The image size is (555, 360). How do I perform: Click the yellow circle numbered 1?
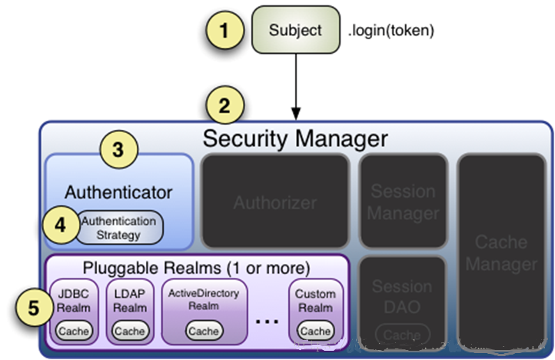coord(224,32)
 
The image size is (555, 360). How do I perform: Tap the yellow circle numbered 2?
coord(224,106)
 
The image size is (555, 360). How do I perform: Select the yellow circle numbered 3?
coord(117,150)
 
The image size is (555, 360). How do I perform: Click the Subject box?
coord(295,30)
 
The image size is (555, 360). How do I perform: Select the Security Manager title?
coord(295,139)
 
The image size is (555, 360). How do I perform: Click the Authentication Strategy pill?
coord(119,228)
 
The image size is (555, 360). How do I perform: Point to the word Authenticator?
coord(118,192)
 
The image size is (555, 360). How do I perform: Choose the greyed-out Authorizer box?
coord(274,202)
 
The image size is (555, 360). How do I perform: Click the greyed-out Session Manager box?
coord(403,202)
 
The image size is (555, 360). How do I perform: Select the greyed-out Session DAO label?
coord(402,296)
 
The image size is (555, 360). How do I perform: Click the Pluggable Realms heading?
coord(196,268)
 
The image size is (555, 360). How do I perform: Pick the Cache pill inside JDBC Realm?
coord(75,332)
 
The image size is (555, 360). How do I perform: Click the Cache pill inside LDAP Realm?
coord(128,332)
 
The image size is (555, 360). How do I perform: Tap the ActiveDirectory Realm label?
coord(203,300)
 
